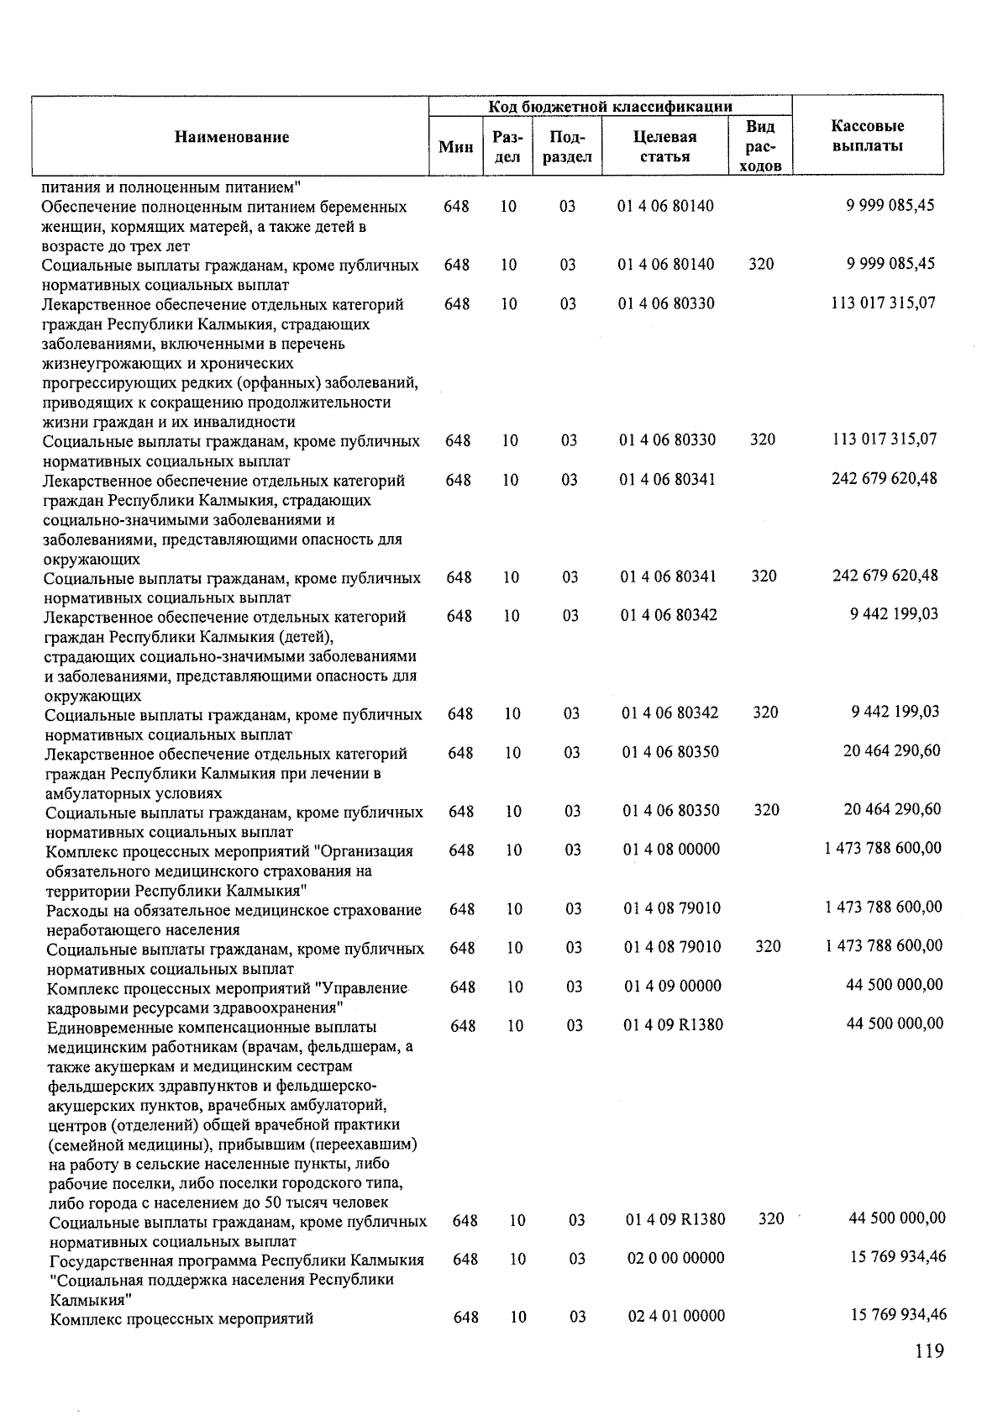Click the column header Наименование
click(232, 137)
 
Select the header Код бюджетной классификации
click(611, 106)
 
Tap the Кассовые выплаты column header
click(867, 136)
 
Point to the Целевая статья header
click(664, 146)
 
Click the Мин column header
click(456, 147)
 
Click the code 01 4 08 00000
click(671, 850)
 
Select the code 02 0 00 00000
click(675, 1258)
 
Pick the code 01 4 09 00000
click(672, 986)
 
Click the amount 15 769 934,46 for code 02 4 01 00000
click(898, 1314)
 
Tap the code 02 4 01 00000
click(676, 1316)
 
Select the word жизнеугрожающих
click(97, 364)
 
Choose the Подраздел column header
click(567, 146)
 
